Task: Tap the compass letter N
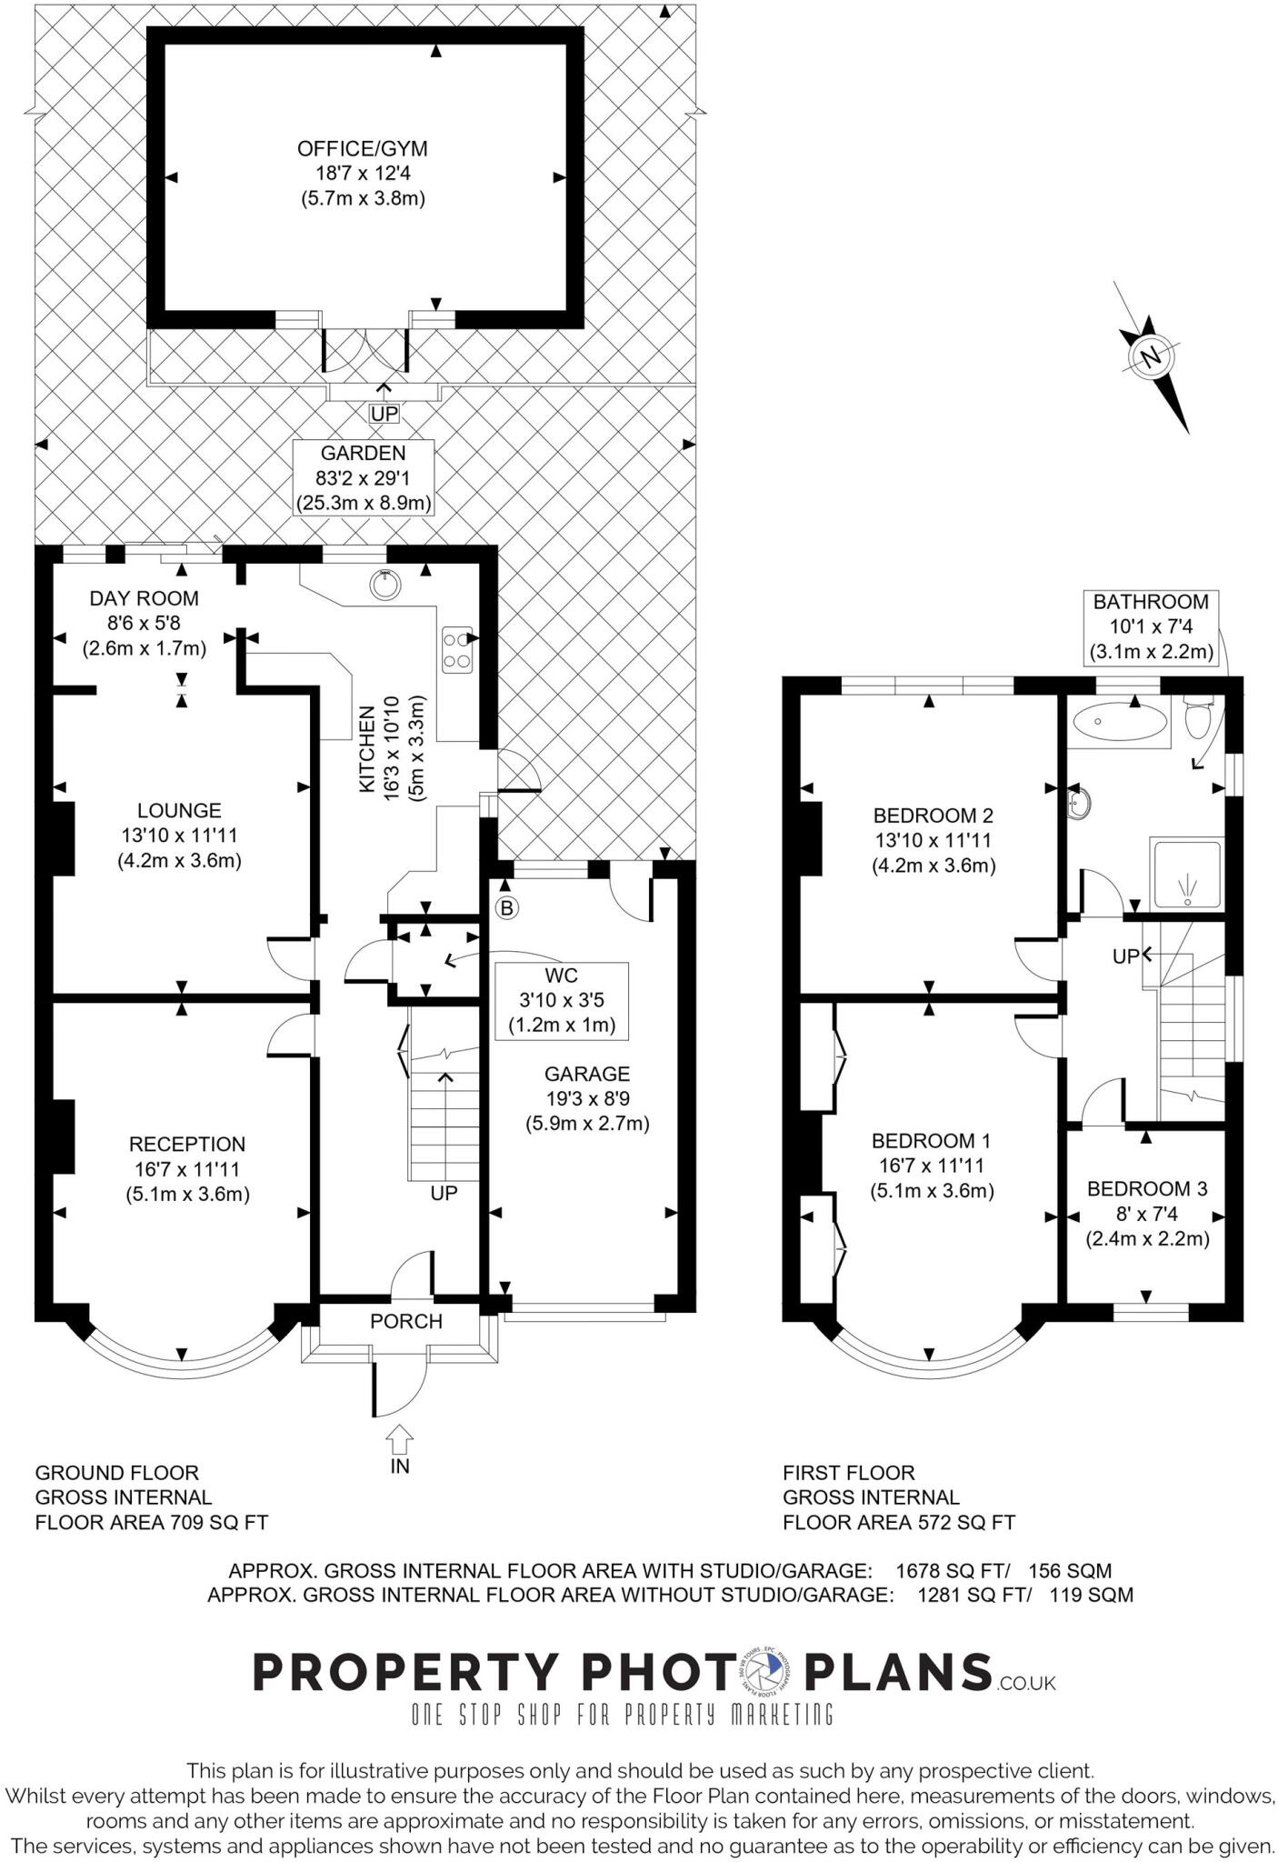pyautogui.click(x=1152, y=356)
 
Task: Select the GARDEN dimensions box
pyautogui.click(x=364, y=477)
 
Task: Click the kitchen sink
pyautogui.click(x=385, y=585)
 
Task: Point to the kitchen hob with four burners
pyautogui.click(x=457, y=650)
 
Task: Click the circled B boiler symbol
pyautogui.click(x=507, y=906)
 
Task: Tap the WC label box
pyautogui.click(x=561, y=1000)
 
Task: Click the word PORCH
pyautogui.click(x=405, y=1321)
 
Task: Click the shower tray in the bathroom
pyautogui.click(x=1187, y=874)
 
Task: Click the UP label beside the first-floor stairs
pyautogui.click(x=1125, y=956)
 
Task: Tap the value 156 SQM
pyautogui.click(x=1068, y=1570)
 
